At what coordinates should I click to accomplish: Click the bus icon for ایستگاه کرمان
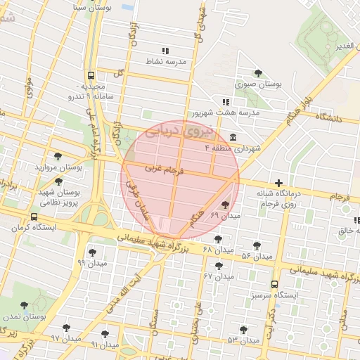pyautogui.click(x=34, y=217)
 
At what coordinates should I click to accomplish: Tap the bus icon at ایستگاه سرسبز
pyautogui.click(x=274, y=285)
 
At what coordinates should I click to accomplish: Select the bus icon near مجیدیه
pyautogui.click(x=91, y=75)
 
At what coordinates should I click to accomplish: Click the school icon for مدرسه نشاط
pyautogui.click(x=165, y=51)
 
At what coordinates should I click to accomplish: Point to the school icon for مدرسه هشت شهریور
pyautogui.click(x=225, y=102)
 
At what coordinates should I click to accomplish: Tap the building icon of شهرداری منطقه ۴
pyautogui.click(x=233, y=137)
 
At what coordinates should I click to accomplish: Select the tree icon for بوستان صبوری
pyautogui.click(x=258, y=72)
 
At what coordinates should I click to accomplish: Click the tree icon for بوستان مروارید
pyautogui.click(x=58, y=157)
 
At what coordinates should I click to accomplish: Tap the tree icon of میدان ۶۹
pyautogui.click(x=224, y=205)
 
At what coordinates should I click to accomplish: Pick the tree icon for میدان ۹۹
pyautogui.click(x=92, y=252)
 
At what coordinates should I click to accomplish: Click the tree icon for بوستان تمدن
pyautogui.click(x=25, y=306)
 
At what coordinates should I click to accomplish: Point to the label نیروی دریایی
pyautogui.click(x=172, y=131)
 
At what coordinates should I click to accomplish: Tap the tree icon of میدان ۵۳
pyautogui.click(x=243, y=329)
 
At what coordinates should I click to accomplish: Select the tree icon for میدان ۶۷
pyautogui.click(x=219, y=266)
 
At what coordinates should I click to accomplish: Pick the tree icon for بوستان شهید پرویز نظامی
pyautogui.click(x=58, y=181)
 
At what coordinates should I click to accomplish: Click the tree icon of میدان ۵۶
pyautogui.click(x=257, y=245)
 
